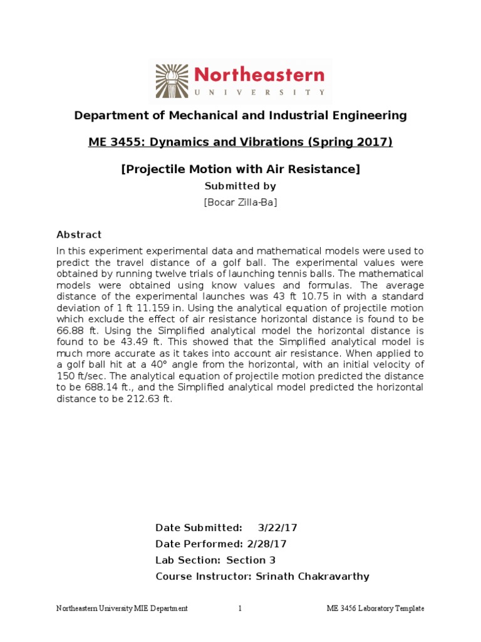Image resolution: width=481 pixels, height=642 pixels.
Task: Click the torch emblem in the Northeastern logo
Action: pos(171,80)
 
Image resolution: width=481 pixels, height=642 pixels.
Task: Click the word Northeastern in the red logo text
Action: pos(260,75)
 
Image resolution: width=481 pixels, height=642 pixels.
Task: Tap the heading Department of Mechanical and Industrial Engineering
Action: pos(240,115)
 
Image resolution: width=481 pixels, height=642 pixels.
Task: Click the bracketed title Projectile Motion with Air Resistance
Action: pos(240,169)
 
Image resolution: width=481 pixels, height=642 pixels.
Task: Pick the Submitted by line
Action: pos(240,186)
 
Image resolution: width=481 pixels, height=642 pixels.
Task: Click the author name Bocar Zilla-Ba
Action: pos(240,201)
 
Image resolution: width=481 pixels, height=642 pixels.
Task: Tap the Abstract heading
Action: pos(79,234)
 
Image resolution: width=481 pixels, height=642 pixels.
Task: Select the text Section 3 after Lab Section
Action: pos(251,560)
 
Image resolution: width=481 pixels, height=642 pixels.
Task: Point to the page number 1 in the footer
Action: pos(240,609)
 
